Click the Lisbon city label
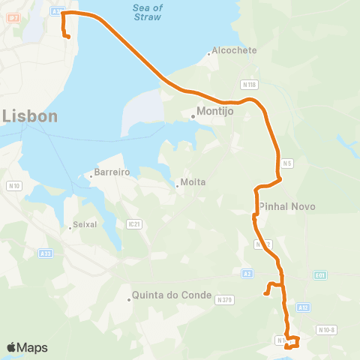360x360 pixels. pyautogui.click(x=29, y=116)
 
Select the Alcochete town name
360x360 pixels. pyautogui.click(x=234, y=50)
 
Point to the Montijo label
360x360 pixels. pyautogui.click(x=215, y=111)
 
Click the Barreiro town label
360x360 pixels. pyautogui.click(x=112, y=172)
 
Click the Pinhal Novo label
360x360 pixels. pyautogui.click(x=287, y=206)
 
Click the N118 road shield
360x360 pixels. pyautogui.click(x=250, y=84)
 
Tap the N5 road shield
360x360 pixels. pyautogui.click(x=286, y=163)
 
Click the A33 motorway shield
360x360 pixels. pyautogui.click(x=46, y=253)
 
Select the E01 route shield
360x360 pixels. pyautogui.click(x=321, y=275)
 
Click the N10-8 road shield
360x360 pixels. pyautogui.click(x=326, y=329)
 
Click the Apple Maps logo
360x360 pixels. pyautogui.click(x=27, y=347)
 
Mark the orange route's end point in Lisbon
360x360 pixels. pyautogui.click(x=68, y=36)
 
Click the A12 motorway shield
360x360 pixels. pyautogui.click(x=303, y=307)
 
